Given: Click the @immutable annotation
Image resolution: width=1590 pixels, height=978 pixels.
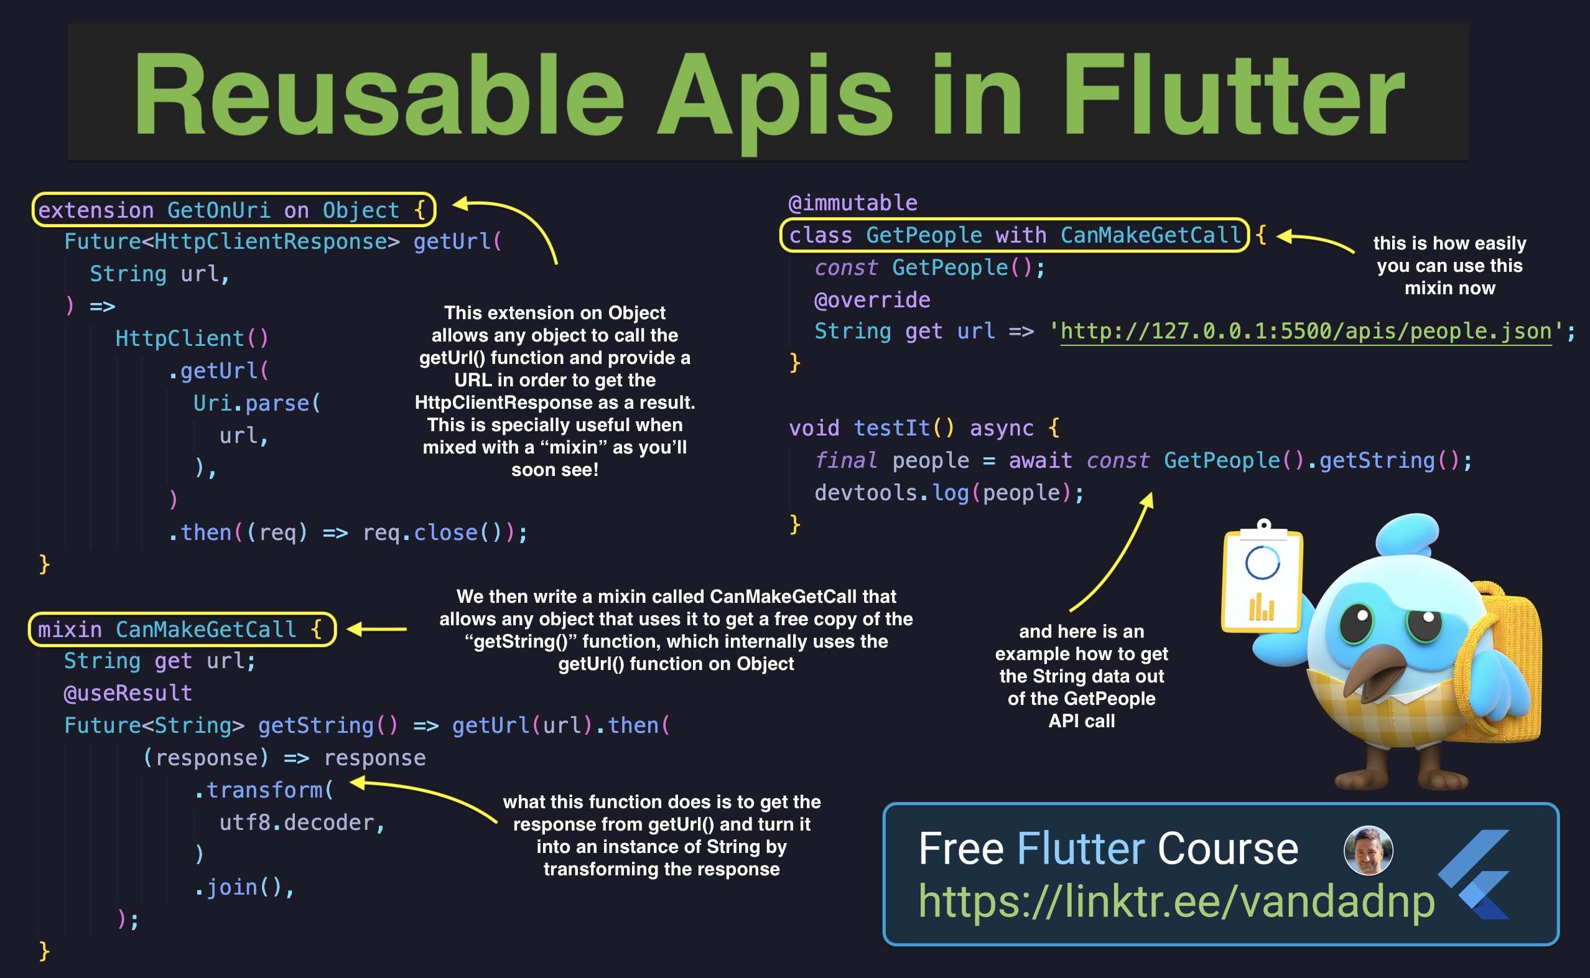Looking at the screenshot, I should point(852,203).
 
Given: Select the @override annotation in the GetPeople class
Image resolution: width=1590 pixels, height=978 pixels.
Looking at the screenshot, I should point(872,299).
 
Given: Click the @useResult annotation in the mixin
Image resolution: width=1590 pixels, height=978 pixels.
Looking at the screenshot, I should point(128,693).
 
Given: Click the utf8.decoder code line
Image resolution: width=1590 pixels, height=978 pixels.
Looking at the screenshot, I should point(302,822).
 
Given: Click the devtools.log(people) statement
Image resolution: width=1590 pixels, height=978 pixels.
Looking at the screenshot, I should point(949,493).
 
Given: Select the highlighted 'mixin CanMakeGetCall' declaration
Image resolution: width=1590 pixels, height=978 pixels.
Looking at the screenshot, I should point(181,629).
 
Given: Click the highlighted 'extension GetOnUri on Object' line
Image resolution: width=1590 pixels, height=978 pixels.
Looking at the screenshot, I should point(233,210).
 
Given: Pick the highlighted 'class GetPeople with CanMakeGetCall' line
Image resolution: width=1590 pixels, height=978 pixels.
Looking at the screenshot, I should point(1014,235).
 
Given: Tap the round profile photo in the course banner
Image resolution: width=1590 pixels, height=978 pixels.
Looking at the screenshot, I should point(1367,850).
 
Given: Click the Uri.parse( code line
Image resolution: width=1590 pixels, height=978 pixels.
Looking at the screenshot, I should point(257,403).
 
